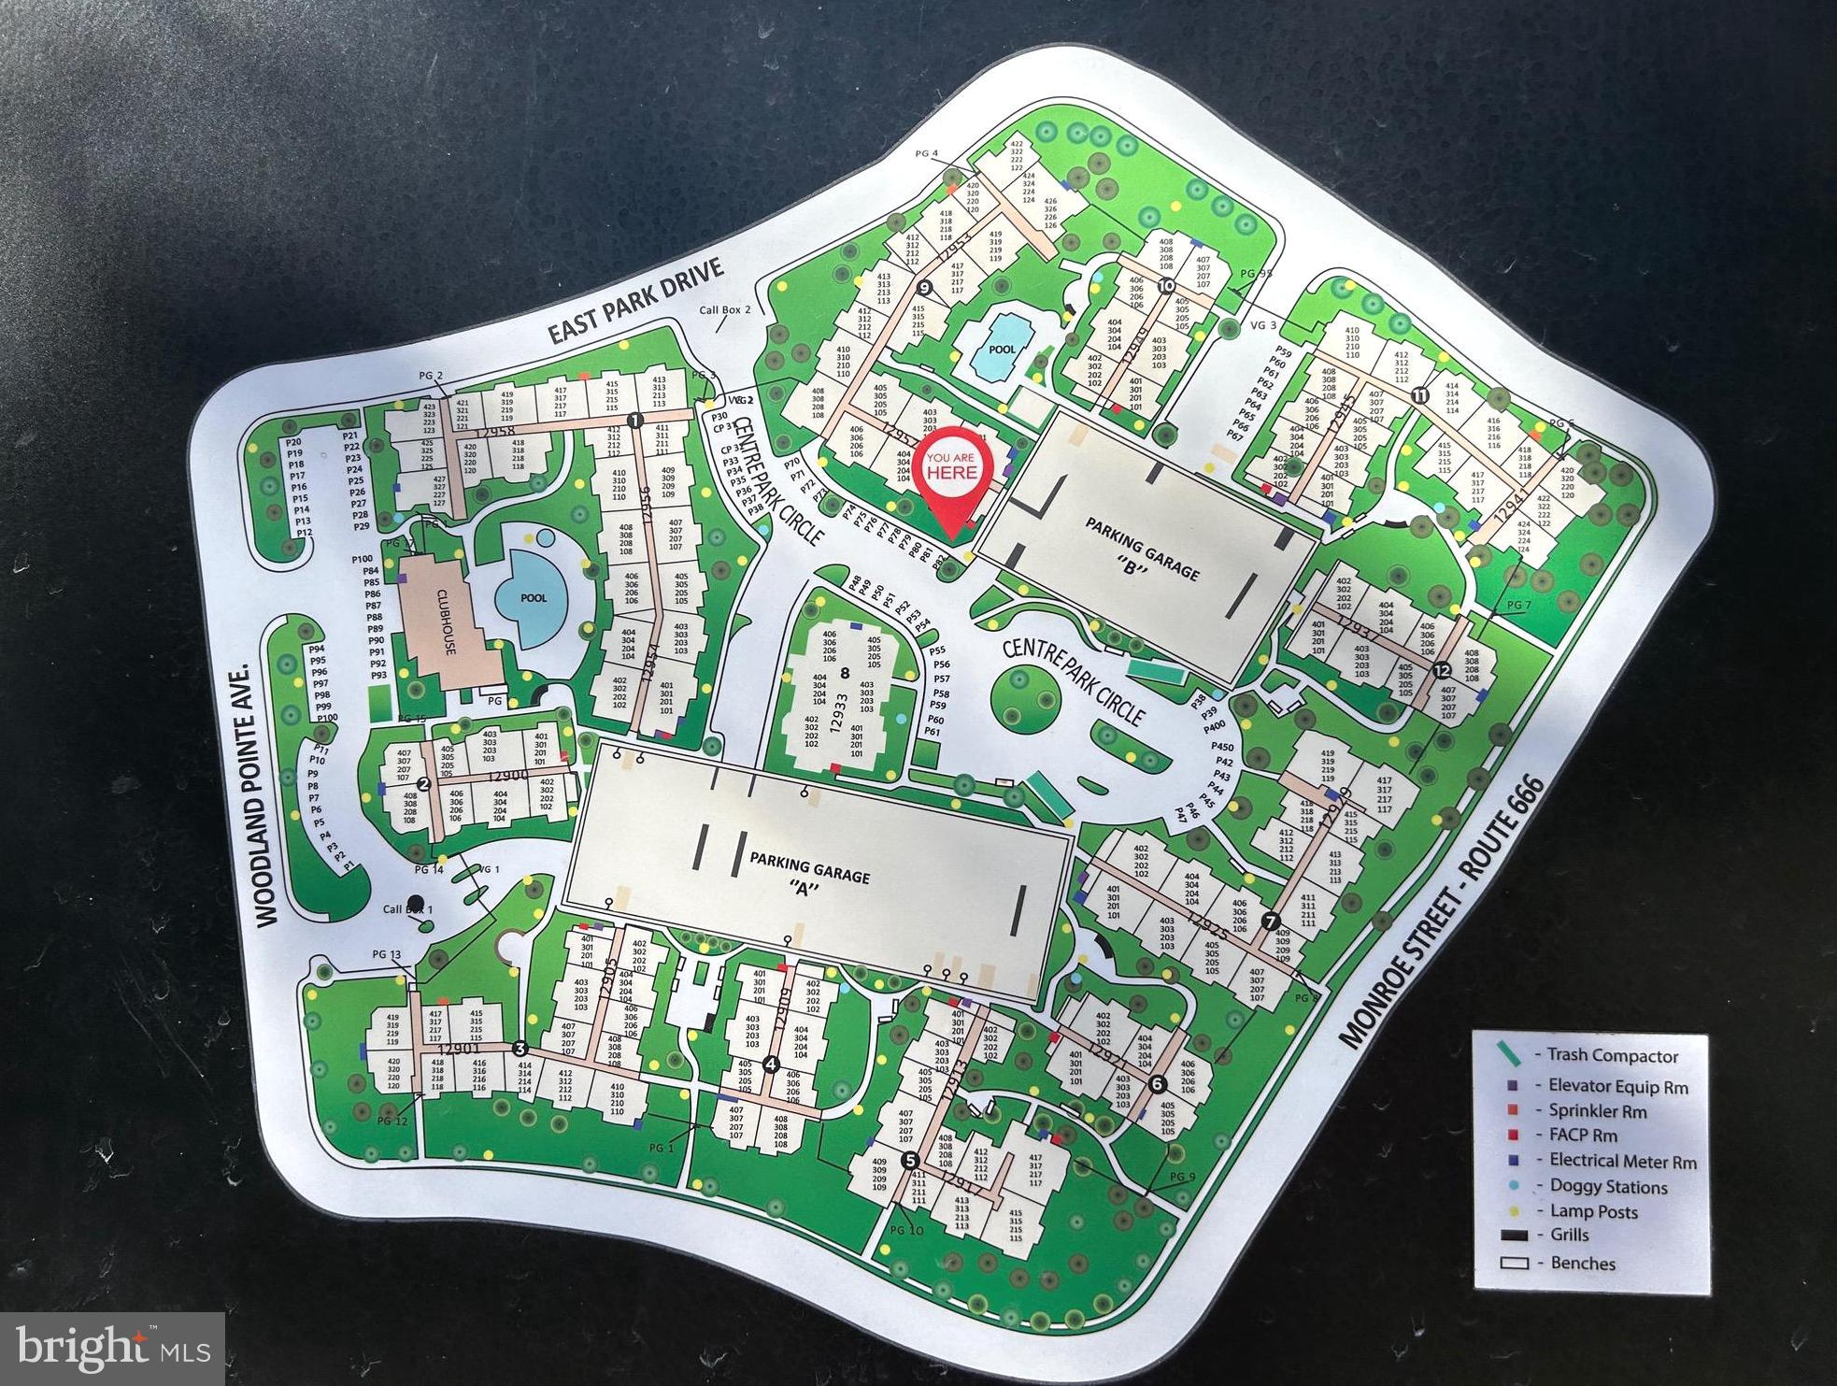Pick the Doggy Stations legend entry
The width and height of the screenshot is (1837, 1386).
pos(1607,1187)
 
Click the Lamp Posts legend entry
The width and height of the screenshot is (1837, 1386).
pos(1593,1212)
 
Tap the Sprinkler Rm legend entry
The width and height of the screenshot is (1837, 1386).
pos(1597,1112)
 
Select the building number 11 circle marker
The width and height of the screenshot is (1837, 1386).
pos(1420,394)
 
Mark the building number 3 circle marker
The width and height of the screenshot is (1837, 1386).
pos(520,1048)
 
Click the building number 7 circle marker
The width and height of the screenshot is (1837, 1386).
pos(1270,922)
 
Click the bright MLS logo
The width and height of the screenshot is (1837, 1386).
pos(112,1349)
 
